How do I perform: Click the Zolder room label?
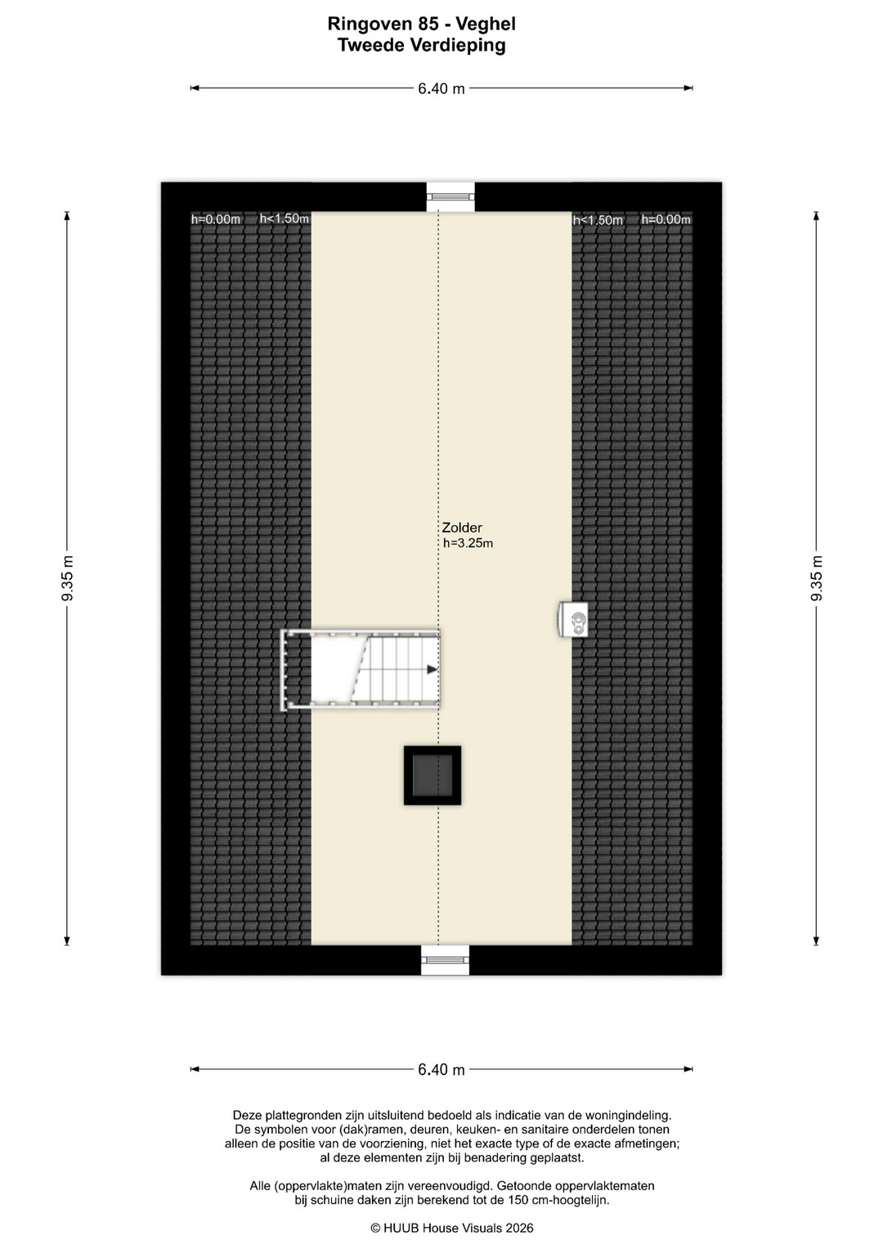pos(462,528)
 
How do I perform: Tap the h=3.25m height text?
pos(468,543)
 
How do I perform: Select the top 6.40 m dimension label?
pos(441,88)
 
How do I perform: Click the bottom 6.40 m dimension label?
pos(441,1069)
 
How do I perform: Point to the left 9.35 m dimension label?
pos(67,578)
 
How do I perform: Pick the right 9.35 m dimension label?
pos(817,578)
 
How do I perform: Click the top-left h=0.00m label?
pos(216,219)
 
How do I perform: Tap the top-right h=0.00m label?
pos(666,219)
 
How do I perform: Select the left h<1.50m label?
pos(285,218)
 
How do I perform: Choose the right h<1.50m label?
pos(598,220)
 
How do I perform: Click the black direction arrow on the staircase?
pos(432,669)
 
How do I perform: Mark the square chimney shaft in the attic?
pos(433,775)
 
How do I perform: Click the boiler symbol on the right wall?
pos(572,619)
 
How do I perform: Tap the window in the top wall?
pos(451,196)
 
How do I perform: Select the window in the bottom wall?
pos(445,959)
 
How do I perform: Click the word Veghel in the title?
pos(486,24)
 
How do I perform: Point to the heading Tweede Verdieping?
pos(421,45)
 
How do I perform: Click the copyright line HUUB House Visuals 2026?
pos(452,1227)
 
